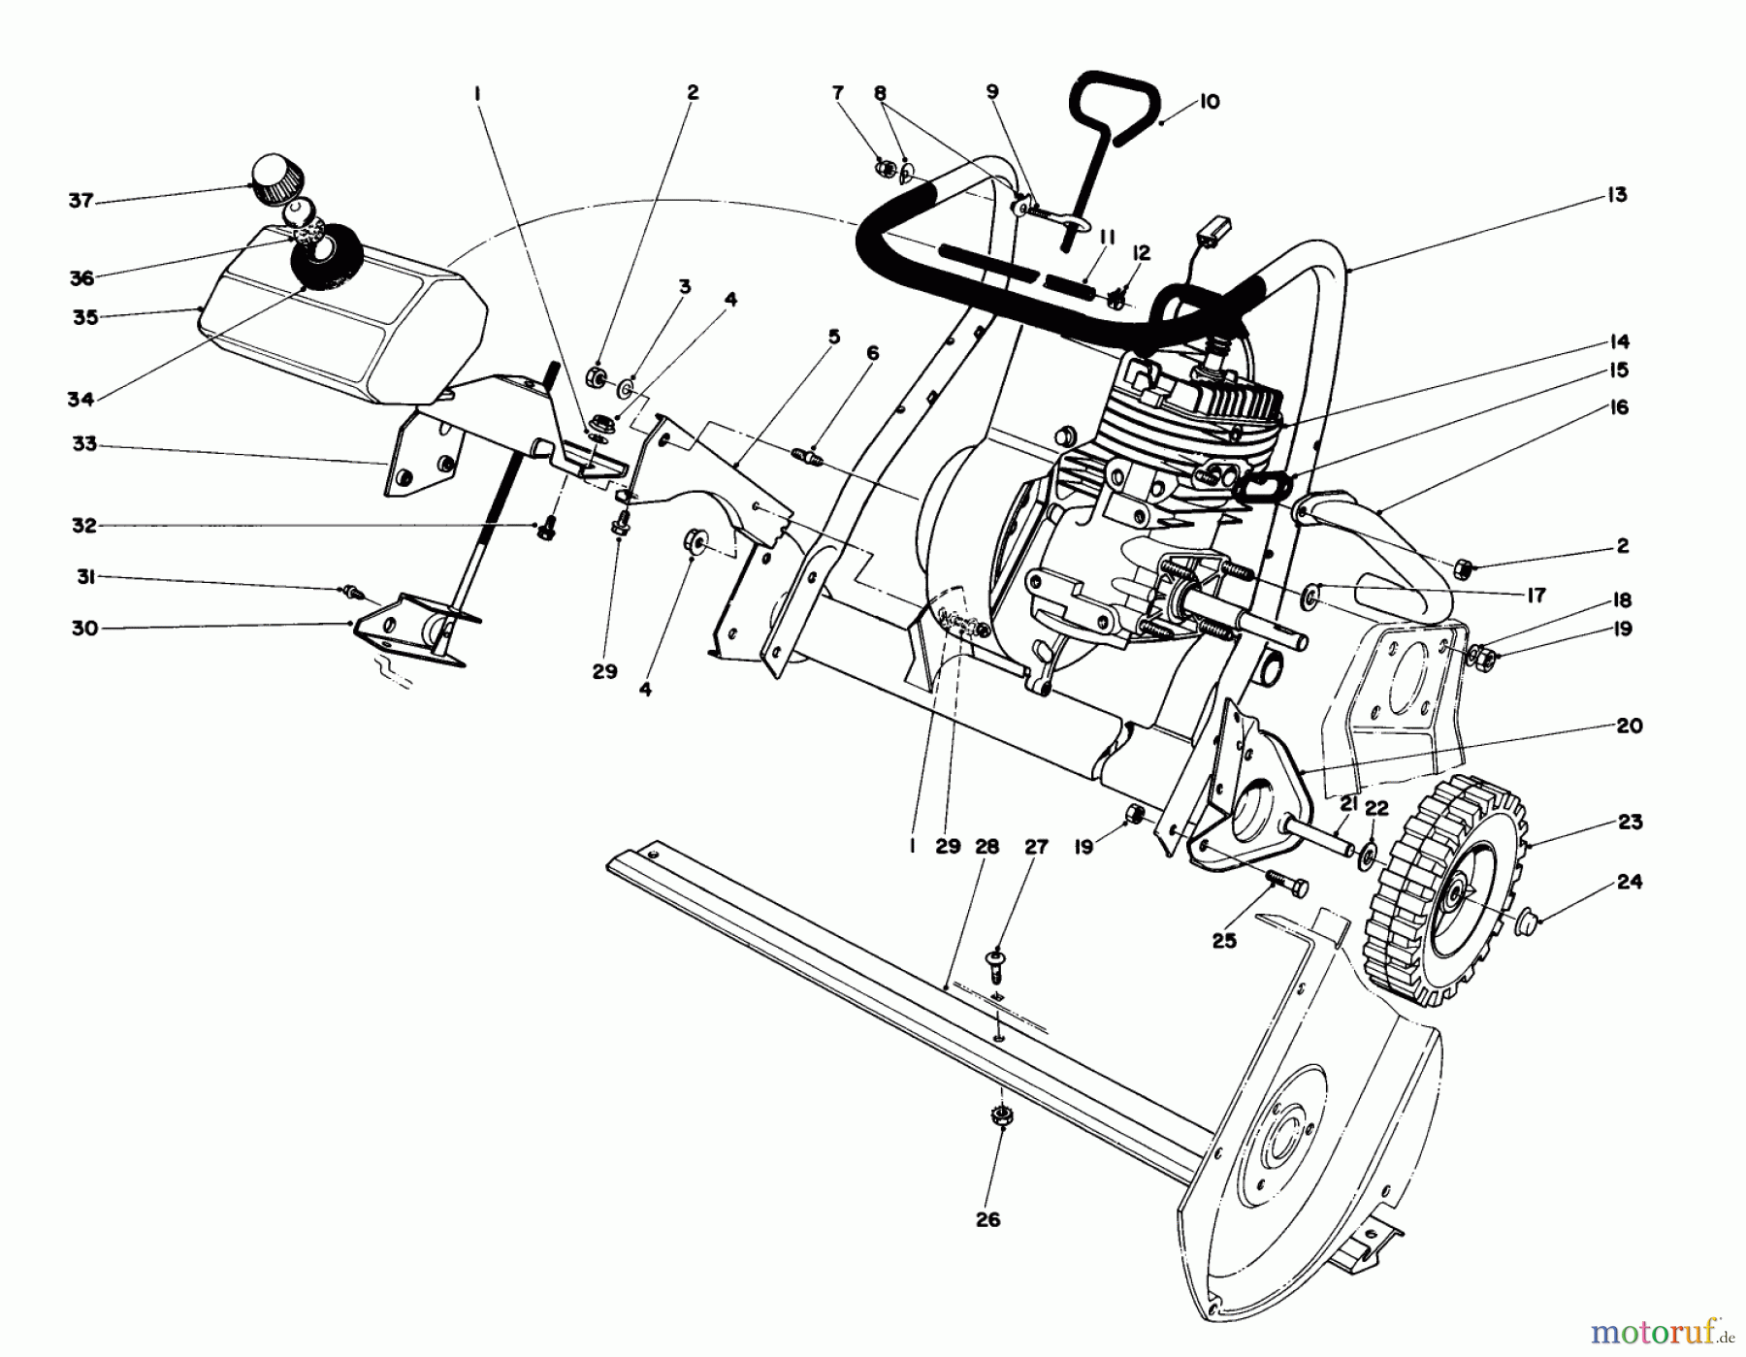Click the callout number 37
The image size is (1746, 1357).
point(81,201)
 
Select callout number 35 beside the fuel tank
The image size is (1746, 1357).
point(86,317)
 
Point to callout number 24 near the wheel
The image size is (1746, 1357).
point(1630,882)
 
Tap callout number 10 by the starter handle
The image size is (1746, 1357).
point(1209,102)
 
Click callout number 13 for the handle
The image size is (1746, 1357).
point(1616,195)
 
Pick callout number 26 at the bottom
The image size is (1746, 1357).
point(987,1220)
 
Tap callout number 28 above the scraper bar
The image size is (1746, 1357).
point(986,847)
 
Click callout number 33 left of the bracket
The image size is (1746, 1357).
point(84,444)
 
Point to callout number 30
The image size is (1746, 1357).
point(85,629)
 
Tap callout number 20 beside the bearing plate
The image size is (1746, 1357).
point(1630,726)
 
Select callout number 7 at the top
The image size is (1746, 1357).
point(838,93)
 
